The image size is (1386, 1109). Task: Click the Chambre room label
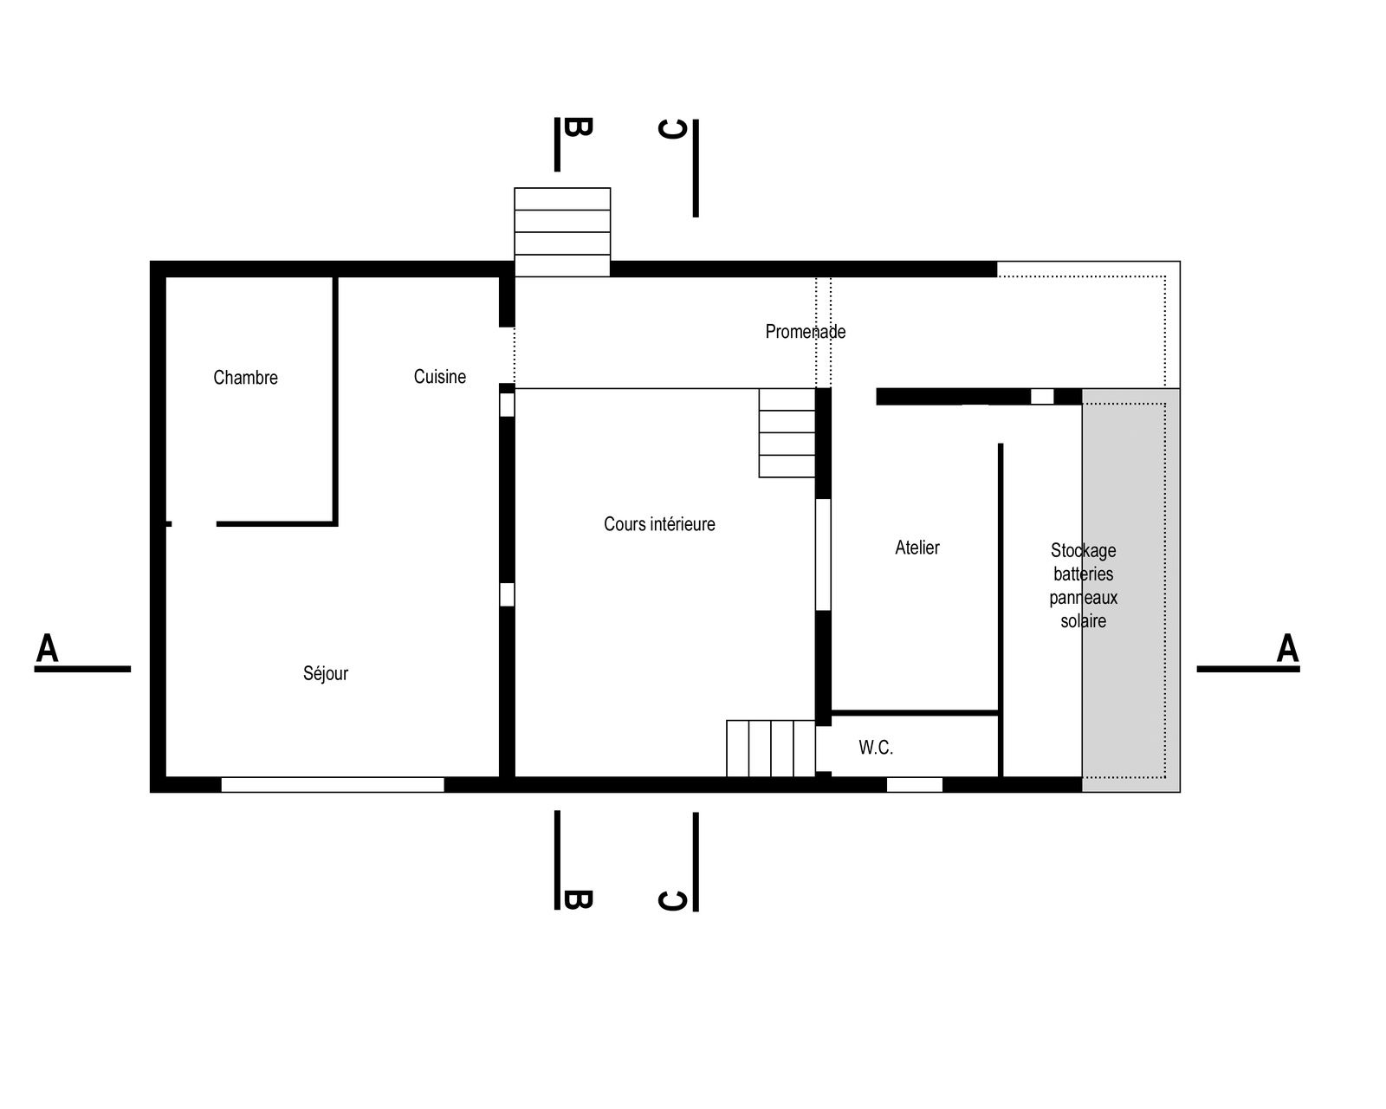coord(245,377)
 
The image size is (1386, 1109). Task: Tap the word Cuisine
coord(439,376)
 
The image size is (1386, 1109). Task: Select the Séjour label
coord(325,673)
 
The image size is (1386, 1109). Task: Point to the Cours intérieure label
coord(659,524)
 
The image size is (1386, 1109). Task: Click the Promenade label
coord(805,331)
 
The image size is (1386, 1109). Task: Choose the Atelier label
coord(916,547)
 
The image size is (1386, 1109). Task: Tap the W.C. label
coord(875,748)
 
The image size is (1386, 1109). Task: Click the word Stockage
coord(1083,551)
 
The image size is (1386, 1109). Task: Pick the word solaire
coord(1083,620)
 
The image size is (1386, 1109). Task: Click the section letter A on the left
coord(47,647)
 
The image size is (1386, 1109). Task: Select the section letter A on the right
coord(1287,647)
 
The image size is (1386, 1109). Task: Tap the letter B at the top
coord(577,126)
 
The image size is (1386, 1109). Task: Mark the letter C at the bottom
coord(672,901)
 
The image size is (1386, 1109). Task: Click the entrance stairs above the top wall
coord(562,232)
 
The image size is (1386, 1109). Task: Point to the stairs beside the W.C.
coord(770,748)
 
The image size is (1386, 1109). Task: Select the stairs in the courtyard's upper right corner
coord(787,433)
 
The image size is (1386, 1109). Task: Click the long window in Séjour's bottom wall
coord(333,784)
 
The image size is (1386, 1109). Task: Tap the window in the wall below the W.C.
coord(915,784)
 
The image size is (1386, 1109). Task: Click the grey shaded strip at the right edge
coord(1131,590)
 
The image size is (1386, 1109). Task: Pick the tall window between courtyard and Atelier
coord(823,554)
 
